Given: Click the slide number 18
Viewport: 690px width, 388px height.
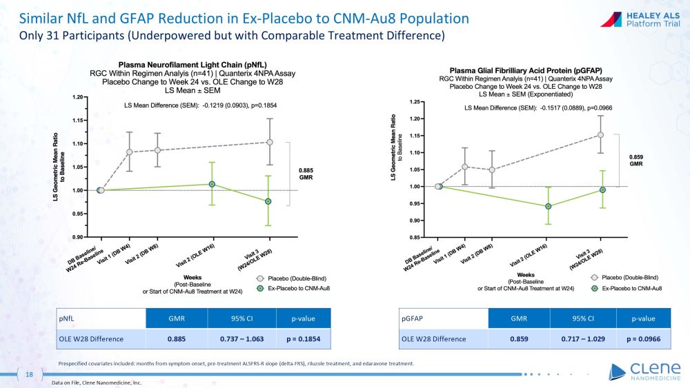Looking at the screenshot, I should [29, 374].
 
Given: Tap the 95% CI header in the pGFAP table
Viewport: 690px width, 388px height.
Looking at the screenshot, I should [583, 319].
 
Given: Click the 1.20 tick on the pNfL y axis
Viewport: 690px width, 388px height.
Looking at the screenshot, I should [77, 97].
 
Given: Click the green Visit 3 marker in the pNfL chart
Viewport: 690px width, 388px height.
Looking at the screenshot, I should [268, 201].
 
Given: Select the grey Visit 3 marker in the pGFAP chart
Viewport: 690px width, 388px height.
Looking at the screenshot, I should [601, 135].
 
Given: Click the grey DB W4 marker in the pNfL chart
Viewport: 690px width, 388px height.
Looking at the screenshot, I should [129, 152].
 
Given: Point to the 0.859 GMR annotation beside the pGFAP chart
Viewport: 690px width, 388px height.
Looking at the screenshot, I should [636, 161].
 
